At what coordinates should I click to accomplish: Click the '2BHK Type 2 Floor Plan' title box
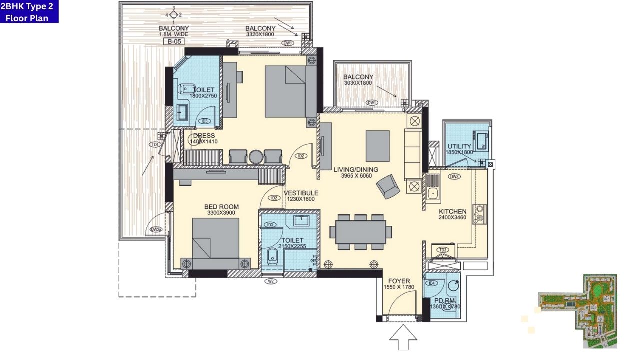[29, 11]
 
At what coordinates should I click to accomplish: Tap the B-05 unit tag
[173, 42]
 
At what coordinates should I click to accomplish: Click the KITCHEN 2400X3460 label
[452, 214]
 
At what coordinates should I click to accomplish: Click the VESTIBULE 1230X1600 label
[300, 196]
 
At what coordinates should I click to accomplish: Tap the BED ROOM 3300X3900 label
[221, 210]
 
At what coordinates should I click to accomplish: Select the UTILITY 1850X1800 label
[459, 149]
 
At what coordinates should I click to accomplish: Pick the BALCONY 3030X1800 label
[358, 80]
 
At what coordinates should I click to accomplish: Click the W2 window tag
[271, 281]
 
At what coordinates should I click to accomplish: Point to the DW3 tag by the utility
[454, 176]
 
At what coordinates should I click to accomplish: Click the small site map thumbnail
[577, 311]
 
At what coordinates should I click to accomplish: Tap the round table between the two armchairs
[255, 156]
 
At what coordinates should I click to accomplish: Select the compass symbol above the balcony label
[173, 14]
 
